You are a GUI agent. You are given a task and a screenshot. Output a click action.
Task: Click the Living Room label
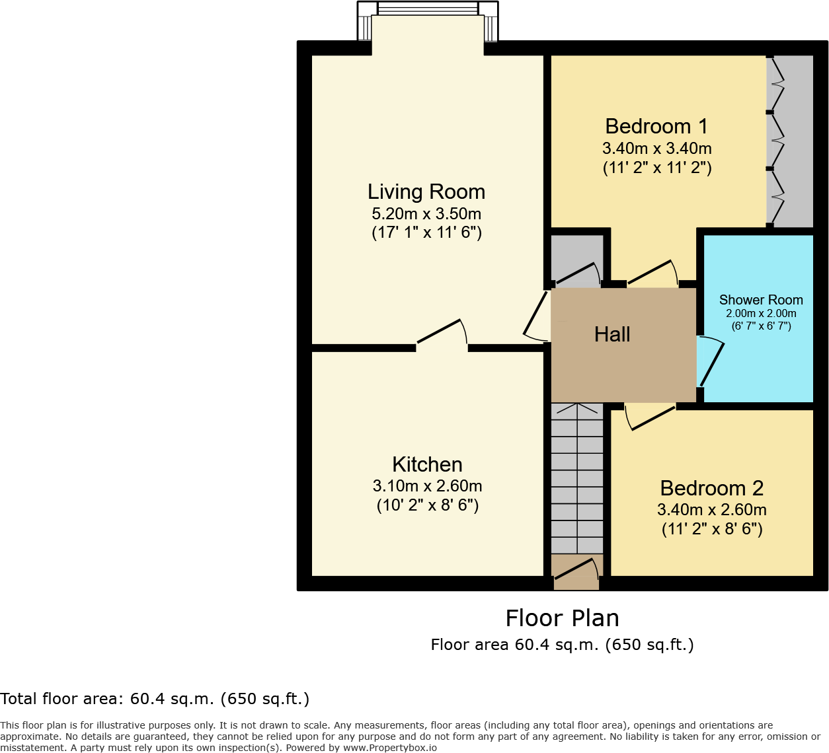426,192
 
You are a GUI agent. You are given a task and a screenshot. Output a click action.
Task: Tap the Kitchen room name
427,464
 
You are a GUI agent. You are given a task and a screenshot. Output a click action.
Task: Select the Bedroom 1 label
656,126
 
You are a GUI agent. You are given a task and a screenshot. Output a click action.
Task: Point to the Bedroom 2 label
712,488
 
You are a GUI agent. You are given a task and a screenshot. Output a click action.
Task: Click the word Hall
612,334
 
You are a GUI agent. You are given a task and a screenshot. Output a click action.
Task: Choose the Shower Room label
761,300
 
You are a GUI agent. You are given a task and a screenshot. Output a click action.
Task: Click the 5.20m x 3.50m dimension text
426,213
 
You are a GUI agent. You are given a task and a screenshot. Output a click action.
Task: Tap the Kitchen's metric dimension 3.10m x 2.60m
427,486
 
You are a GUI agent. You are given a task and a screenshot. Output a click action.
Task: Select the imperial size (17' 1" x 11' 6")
426,233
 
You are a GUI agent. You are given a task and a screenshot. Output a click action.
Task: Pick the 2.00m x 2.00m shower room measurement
761,314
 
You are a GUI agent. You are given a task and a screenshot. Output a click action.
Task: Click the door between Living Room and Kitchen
442,333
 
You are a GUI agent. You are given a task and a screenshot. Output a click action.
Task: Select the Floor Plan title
562,618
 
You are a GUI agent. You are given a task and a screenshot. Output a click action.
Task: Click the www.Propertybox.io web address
389,748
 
